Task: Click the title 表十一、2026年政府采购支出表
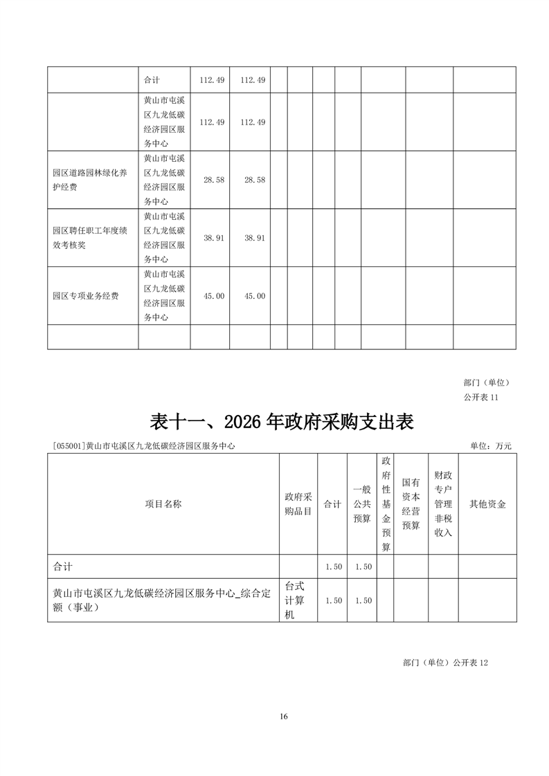coord(282,421)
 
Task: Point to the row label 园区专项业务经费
coord(86,296)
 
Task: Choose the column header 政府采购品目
coord(298,504)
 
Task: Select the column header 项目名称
coord(163,504)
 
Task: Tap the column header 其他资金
coord(487,504)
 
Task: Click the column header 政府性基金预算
coord(386,504)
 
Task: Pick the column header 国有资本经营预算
coord(411,504)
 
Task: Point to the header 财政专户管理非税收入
coord(443,504)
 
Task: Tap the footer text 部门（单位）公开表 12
coord(445,662)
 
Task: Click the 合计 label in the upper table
coord(152,80)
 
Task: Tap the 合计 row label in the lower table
coord(63,566)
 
